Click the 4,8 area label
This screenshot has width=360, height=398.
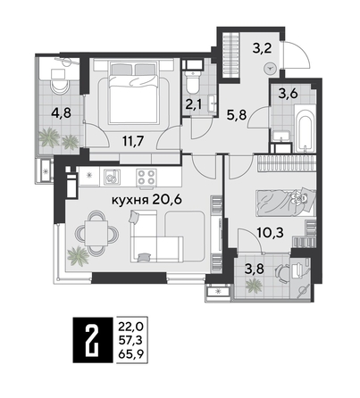60,113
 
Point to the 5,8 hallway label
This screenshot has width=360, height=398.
237,115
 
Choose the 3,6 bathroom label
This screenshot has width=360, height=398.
289,92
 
